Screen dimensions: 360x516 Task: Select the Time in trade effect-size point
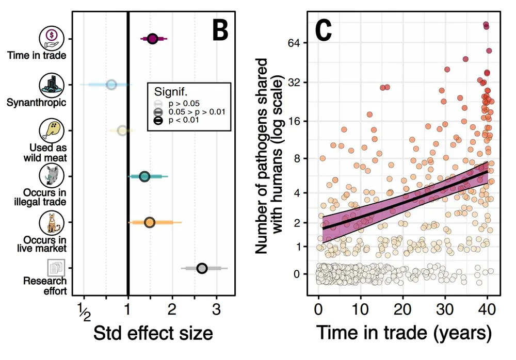(x=152, y=39)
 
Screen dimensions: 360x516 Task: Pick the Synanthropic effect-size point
(x=111, y=85)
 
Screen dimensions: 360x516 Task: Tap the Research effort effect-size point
(x=202, y=268)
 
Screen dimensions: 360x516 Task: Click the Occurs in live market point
(x=149, y=222)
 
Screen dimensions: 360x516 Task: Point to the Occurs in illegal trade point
(x=144, y=176)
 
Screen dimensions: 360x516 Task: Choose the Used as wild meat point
(x=122, y=130)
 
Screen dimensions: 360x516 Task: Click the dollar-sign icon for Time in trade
(x=52, y=37)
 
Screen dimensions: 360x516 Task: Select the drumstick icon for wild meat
(x=52, y=130)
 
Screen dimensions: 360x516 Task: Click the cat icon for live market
(x=52, y=223)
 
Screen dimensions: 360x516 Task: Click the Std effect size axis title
(x=153, y=334)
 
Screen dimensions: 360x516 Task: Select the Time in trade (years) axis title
(x=403, y=334)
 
